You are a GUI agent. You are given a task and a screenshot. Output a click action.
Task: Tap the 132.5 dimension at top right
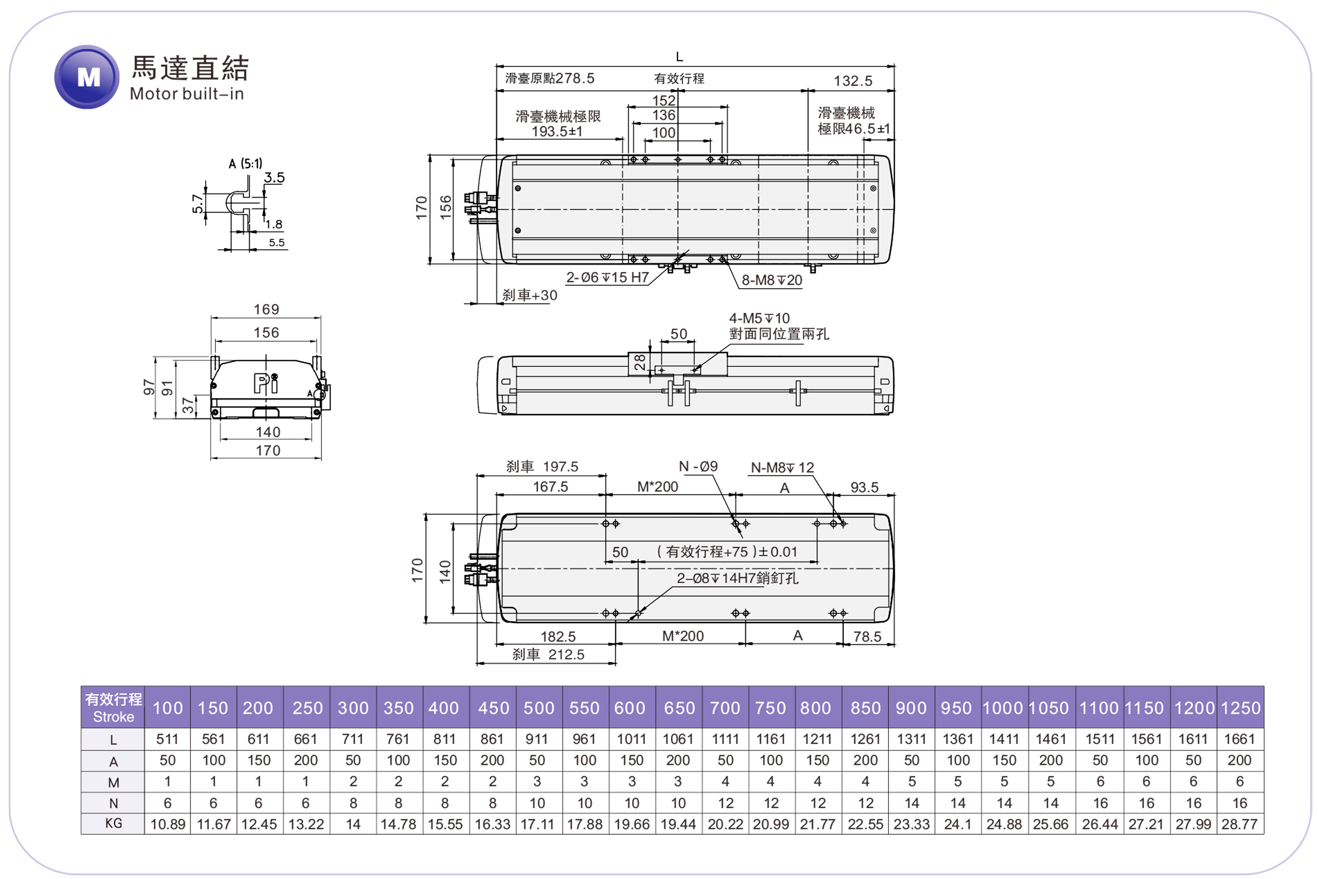(852, 81)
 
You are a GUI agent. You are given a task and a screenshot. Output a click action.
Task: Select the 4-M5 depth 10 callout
(759, 318)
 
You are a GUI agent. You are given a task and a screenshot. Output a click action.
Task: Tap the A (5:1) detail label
(245, 164)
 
